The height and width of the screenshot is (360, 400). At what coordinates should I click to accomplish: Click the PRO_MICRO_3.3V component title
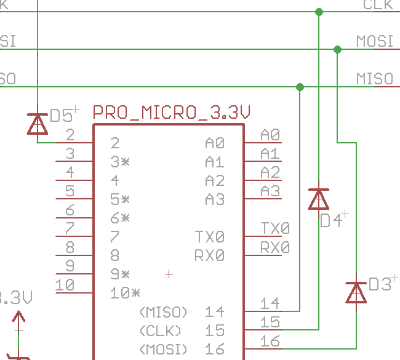(x=172, y=113)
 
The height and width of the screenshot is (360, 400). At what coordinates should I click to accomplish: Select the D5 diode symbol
(x=38, y=124)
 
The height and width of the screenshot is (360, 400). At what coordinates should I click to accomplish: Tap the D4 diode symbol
(x=318, y=199)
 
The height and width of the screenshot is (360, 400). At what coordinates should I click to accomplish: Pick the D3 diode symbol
(x=356, y=292)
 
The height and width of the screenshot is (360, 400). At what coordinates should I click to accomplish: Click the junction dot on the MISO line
(x=300, y=87)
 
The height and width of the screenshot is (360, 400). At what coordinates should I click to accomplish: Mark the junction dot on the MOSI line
(x=337, y=49)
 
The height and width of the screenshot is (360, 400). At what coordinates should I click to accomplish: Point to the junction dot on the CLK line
(x=319, y=12)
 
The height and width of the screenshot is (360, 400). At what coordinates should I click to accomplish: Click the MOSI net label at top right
(x=374, y=41)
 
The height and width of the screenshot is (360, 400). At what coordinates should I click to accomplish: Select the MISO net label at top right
(x=374, y=79)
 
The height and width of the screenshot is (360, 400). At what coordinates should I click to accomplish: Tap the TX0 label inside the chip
(x=210, y=236)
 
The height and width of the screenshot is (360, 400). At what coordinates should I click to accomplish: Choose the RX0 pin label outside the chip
(x=274, y=247)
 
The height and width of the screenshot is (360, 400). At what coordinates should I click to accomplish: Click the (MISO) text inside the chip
(x=163, y=312)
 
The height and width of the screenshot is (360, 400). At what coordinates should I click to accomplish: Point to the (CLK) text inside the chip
(x=161, y=330)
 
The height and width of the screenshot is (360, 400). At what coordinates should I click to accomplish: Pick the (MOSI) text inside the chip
(x=163, y=350)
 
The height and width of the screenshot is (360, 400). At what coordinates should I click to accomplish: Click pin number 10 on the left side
(x=65, y=285)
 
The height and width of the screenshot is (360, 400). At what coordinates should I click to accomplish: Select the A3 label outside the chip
(x=270, y=191)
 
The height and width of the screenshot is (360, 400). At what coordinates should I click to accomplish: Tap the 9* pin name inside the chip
(x=120, y=274)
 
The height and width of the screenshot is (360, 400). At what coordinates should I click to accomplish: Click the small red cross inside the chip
(x=169, y=274)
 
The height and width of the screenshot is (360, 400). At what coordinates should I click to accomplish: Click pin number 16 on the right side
(x=270, y=340)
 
